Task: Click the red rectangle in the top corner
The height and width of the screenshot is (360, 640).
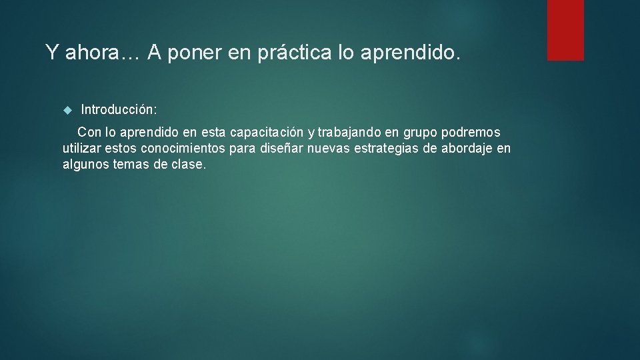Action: coord(565,30)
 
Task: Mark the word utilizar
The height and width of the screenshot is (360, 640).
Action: coord(82,148)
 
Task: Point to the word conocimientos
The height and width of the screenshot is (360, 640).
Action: coord(183,148)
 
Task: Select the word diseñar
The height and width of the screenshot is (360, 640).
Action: coord(281,148)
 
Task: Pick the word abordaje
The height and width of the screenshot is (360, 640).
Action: coord(467,148)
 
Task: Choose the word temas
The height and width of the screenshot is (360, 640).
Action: coord(131,164)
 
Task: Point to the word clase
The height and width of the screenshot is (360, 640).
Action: coord(188,164)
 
